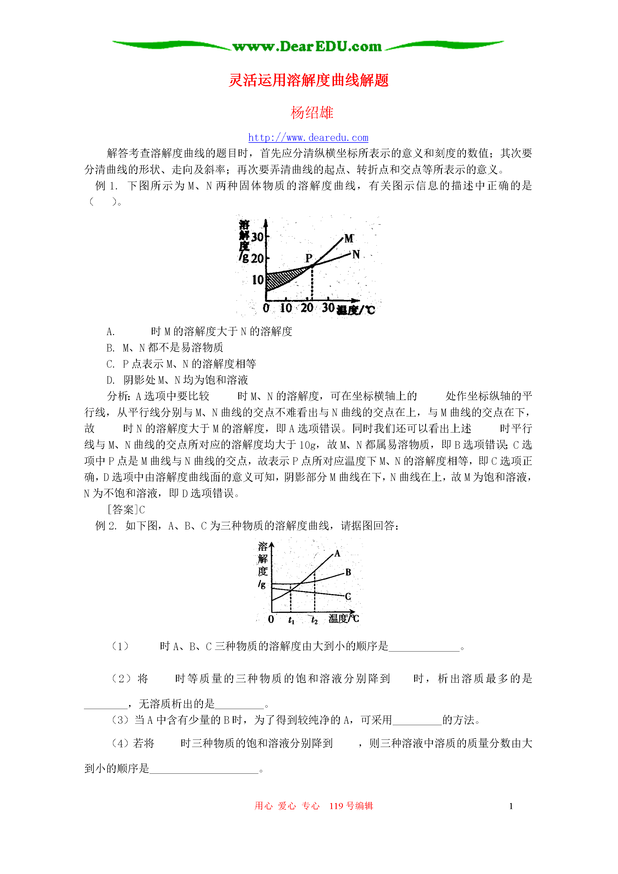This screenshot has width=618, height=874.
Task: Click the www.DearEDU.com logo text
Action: point(307,47)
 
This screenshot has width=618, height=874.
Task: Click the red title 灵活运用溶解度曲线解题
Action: point(308,80)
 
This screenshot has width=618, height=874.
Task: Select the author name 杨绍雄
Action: point(312,113)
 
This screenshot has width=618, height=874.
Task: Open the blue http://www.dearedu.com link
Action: point(308,137)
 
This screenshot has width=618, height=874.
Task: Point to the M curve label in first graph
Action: point(349,239)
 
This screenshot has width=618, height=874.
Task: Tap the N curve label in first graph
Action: point(356,254)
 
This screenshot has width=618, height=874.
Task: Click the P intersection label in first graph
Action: point(308,258)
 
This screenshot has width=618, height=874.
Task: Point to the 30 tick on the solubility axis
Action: point(258,237)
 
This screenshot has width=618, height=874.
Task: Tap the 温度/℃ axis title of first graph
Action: point(356,310)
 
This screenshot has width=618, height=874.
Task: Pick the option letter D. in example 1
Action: point(110,380)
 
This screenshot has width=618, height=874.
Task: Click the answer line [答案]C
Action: point(126,510)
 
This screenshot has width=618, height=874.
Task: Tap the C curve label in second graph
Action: point(348,596)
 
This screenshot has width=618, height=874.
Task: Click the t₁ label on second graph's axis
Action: point(291,620)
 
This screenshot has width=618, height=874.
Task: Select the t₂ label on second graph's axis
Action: point(314,620)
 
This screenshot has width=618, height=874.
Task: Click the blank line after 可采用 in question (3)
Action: point(417,721)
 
